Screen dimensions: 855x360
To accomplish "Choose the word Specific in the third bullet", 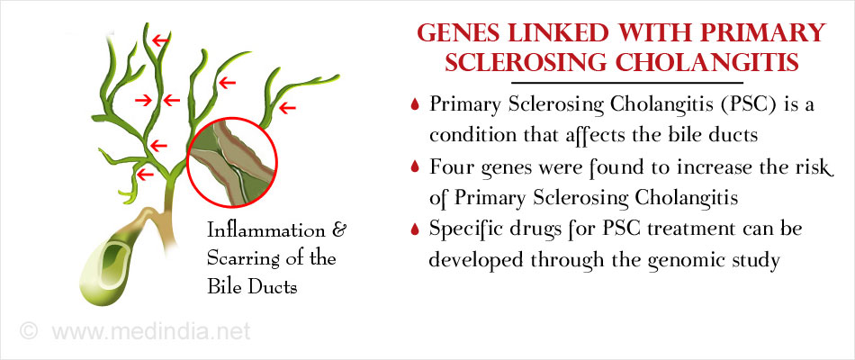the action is tap(463, 229).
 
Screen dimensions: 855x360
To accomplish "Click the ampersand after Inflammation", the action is tap(338, 230).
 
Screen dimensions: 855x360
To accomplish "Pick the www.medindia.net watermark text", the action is tap(151, 331).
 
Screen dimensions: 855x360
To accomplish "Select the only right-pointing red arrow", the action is tap(143, 100).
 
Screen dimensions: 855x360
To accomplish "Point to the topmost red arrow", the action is tap(160, 40).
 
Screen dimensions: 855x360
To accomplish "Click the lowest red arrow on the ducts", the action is tap(145, 175).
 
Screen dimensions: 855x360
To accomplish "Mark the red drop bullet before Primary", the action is tap(416, 104).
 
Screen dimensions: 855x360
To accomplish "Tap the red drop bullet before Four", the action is tap(416, 166).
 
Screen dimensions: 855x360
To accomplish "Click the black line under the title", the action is tap(627, 83).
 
